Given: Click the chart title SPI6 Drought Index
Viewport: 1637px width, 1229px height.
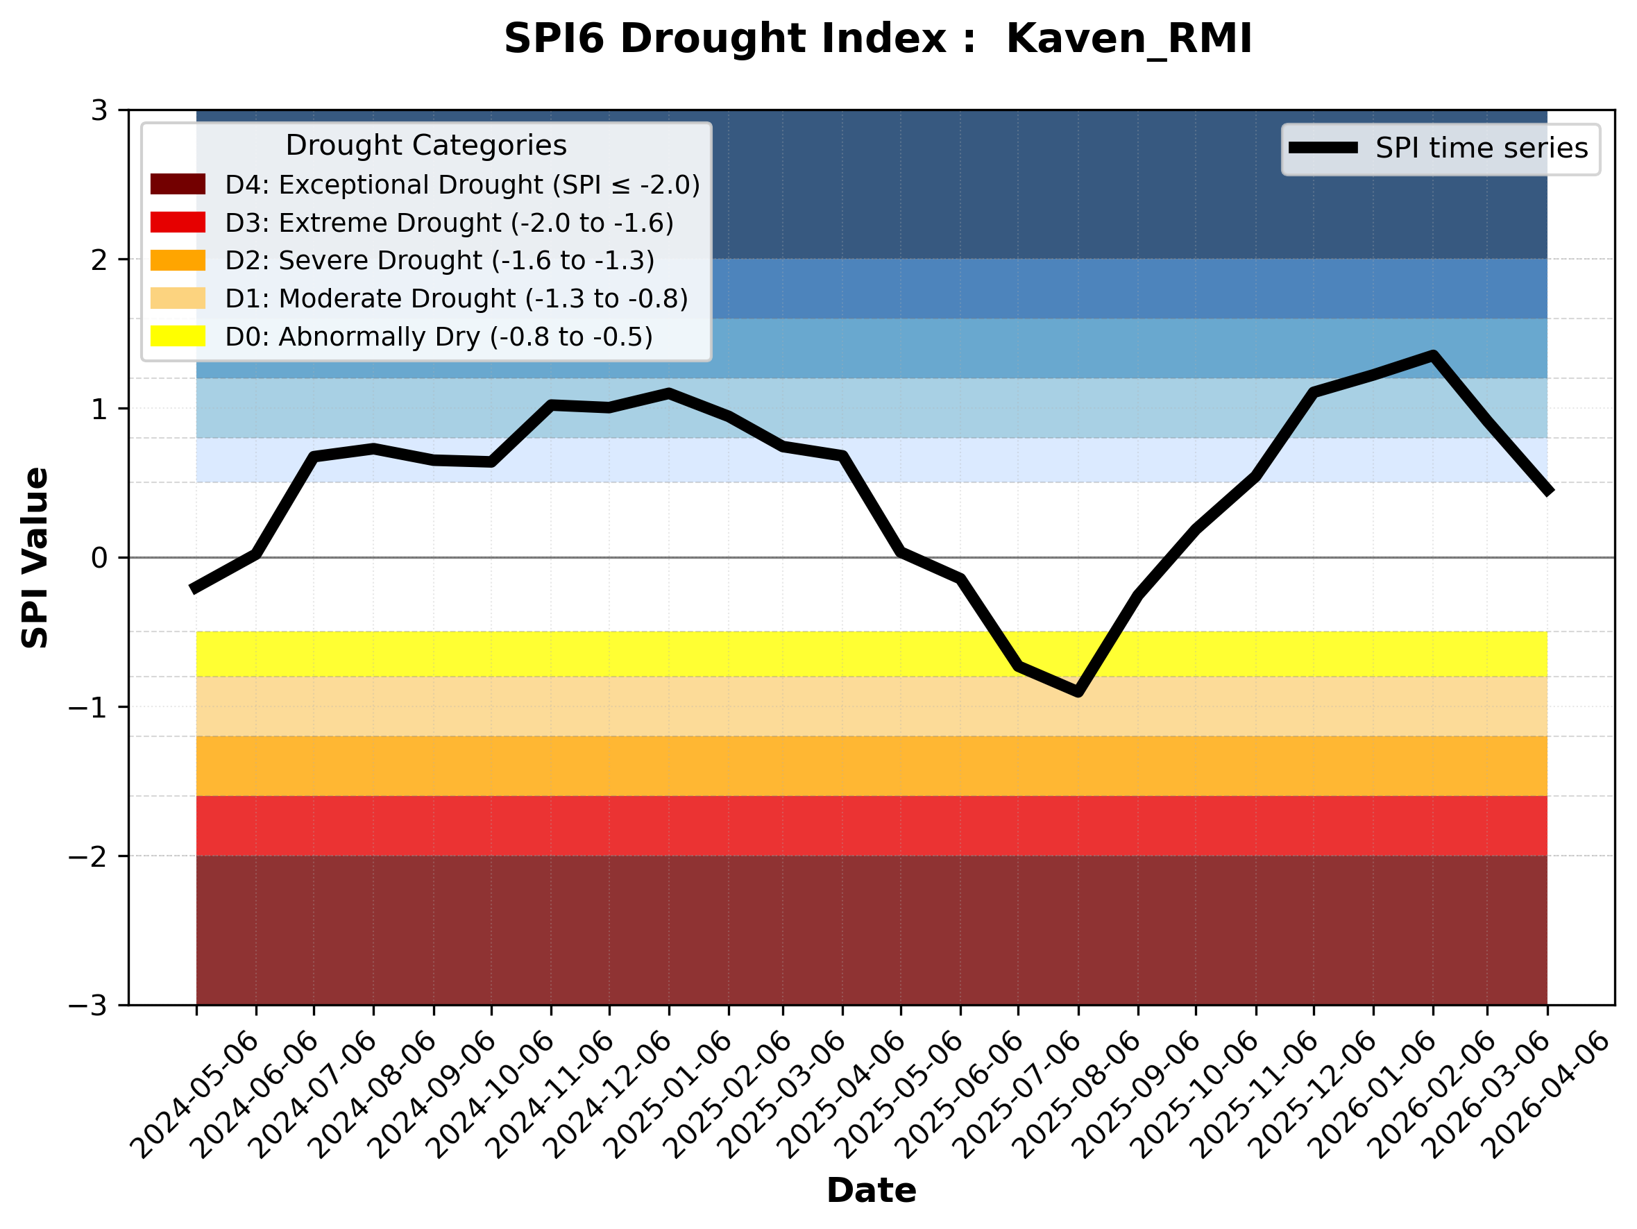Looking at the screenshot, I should click(x=878, y=38).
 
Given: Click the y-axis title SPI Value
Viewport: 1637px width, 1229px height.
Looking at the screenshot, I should click(x=35, y=558).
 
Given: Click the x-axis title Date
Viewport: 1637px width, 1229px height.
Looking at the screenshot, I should click(x=871, y=1191).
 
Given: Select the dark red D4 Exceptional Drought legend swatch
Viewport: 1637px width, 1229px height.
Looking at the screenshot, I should click(x=178, y=184).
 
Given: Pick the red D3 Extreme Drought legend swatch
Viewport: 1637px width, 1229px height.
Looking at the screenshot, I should click(x=178, y=222).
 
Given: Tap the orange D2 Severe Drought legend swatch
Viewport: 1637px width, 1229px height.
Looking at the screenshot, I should click(x=178, y=260).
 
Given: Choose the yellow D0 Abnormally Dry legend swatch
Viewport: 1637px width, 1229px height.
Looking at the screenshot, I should click(x=178, y=336).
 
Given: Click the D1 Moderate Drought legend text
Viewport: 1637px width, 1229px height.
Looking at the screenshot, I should click(x=456, y=298).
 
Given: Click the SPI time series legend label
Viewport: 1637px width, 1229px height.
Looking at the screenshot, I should click(x=1482, y=148).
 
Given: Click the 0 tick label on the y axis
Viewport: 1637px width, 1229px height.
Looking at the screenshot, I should click(x=100, y=558).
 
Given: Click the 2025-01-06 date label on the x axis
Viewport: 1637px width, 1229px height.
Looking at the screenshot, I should click(x=668, y=1095).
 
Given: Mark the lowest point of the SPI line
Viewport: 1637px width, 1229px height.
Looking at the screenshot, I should click(x=1078, y=692).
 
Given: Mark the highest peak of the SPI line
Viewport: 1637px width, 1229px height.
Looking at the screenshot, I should click(x=1434, y=356).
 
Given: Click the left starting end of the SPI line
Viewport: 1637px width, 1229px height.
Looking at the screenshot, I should click(x=192, y=590).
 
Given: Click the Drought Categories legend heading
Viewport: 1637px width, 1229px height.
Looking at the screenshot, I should click(x=425, y=146).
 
